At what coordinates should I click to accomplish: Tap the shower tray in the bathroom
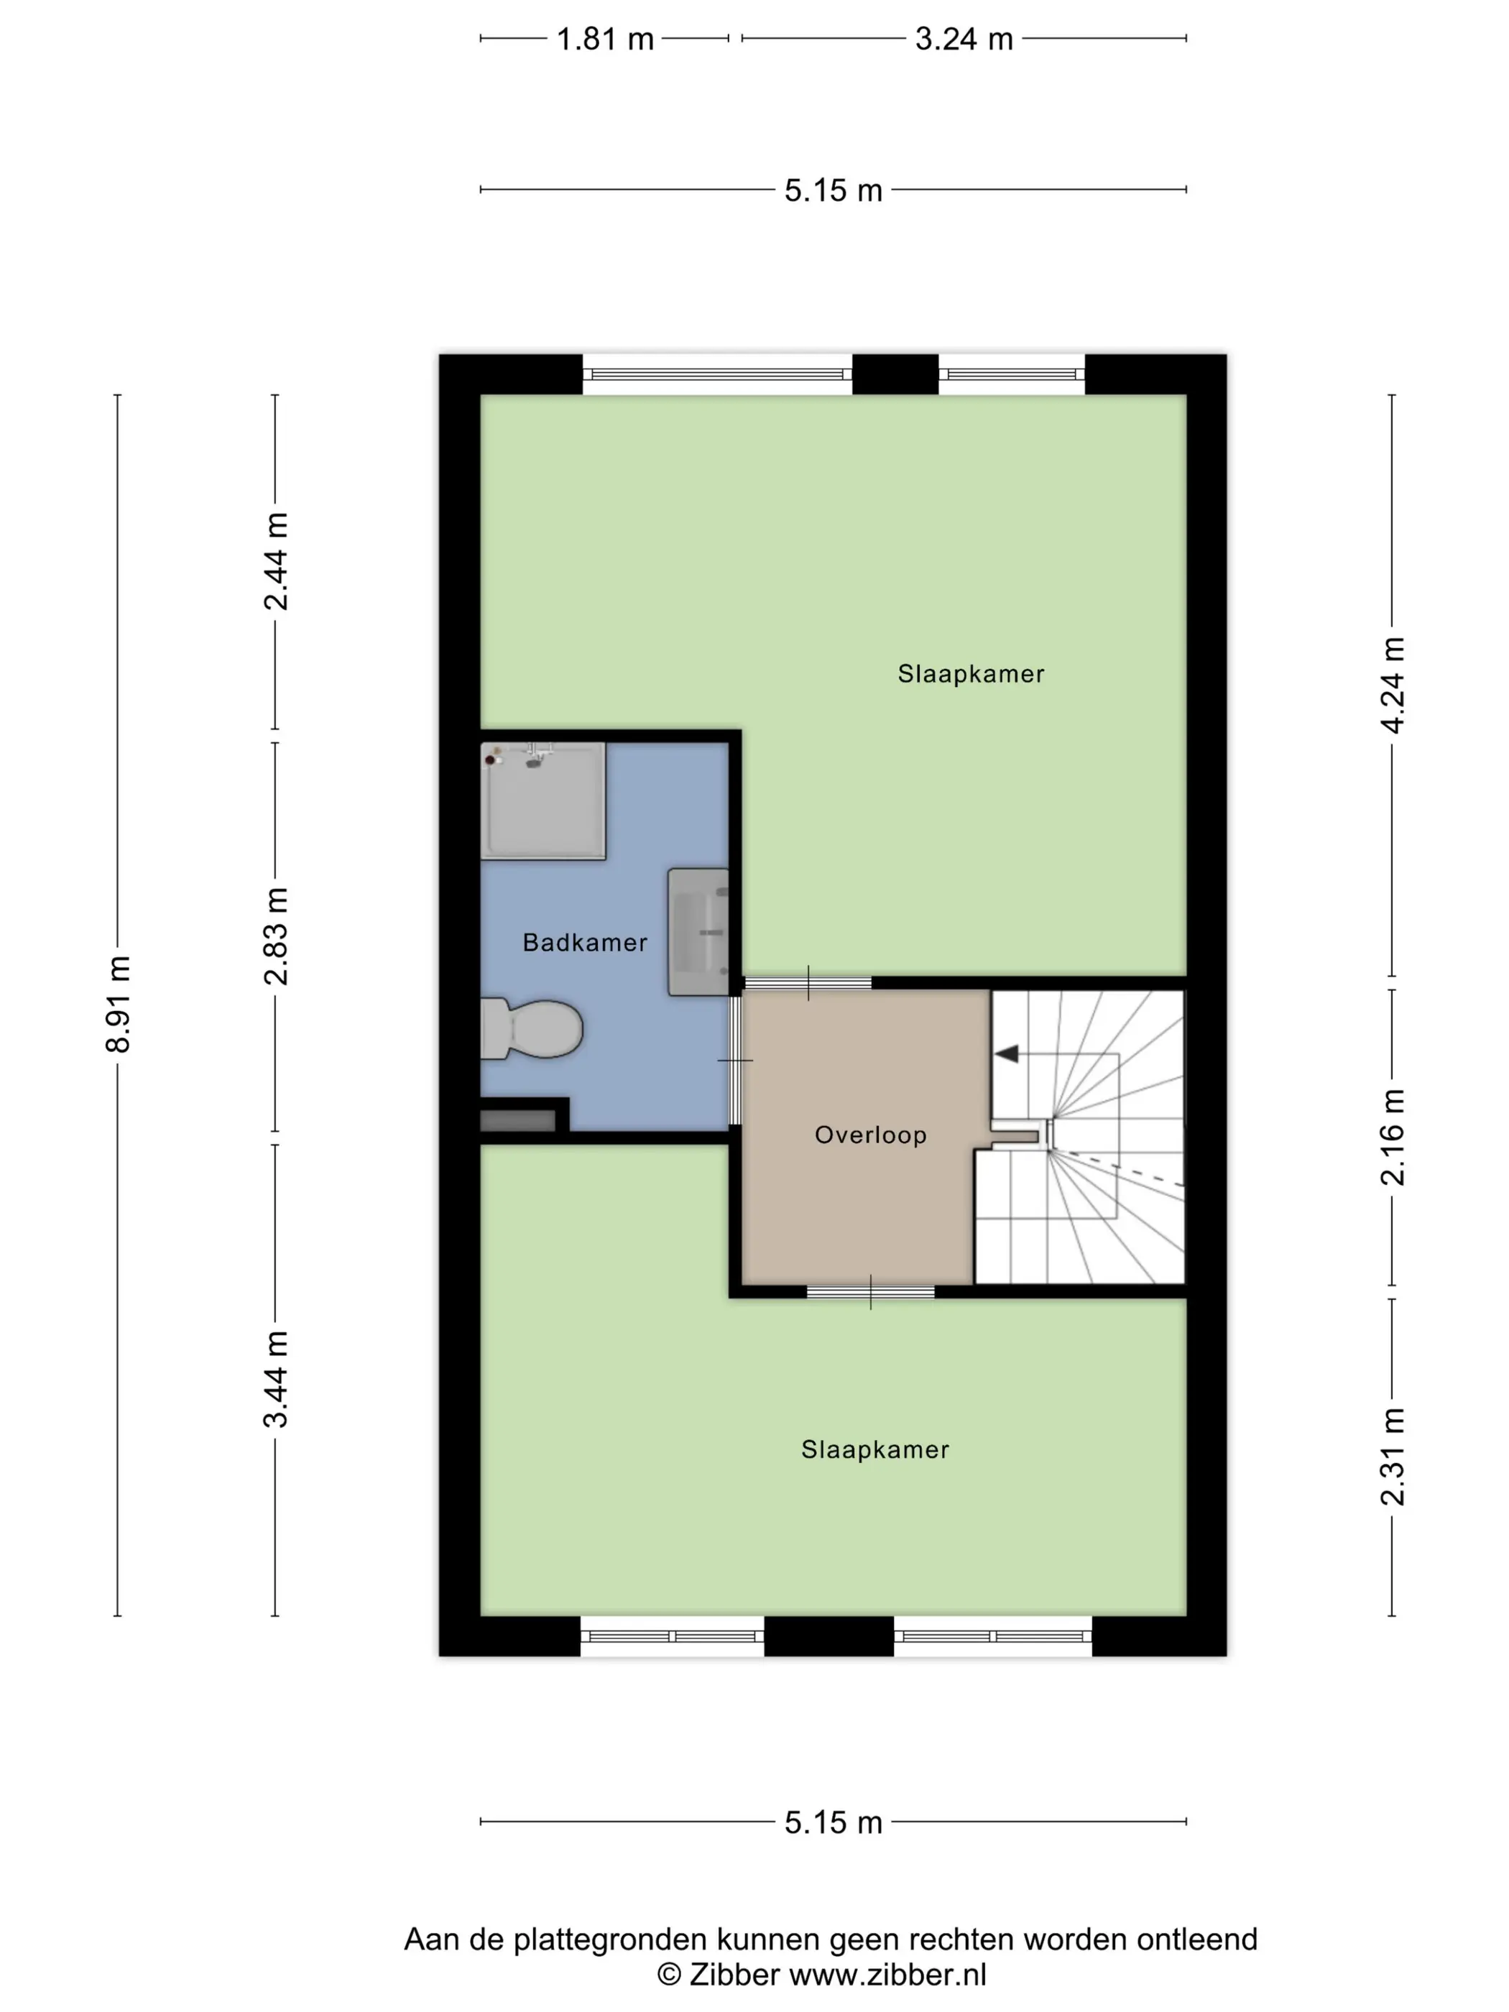(543, 800)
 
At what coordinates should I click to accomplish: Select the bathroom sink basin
(698, 931)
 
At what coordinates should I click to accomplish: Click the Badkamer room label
(585, 942)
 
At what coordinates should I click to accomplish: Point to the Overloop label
(870, 1135)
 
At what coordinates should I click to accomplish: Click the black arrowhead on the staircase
(1006, 1053)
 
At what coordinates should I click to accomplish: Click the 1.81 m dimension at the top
(605, 39)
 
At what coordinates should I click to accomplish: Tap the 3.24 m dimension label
(964, 39)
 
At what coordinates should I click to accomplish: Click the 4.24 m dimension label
(1393, 685)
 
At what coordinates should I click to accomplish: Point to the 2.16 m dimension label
(1393, 1137)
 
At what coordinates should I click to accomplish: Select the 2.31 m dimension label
(1393, 1457)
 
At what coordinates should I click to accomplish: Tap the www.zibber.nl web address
(887, 1975)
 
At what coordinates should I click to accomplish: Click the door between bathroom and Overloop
(735, 1061)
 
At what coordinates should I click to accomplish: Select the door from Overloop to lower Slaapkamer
(870, 1291)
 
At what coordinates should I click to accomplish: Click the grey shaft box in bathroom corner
(517, 1120)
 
